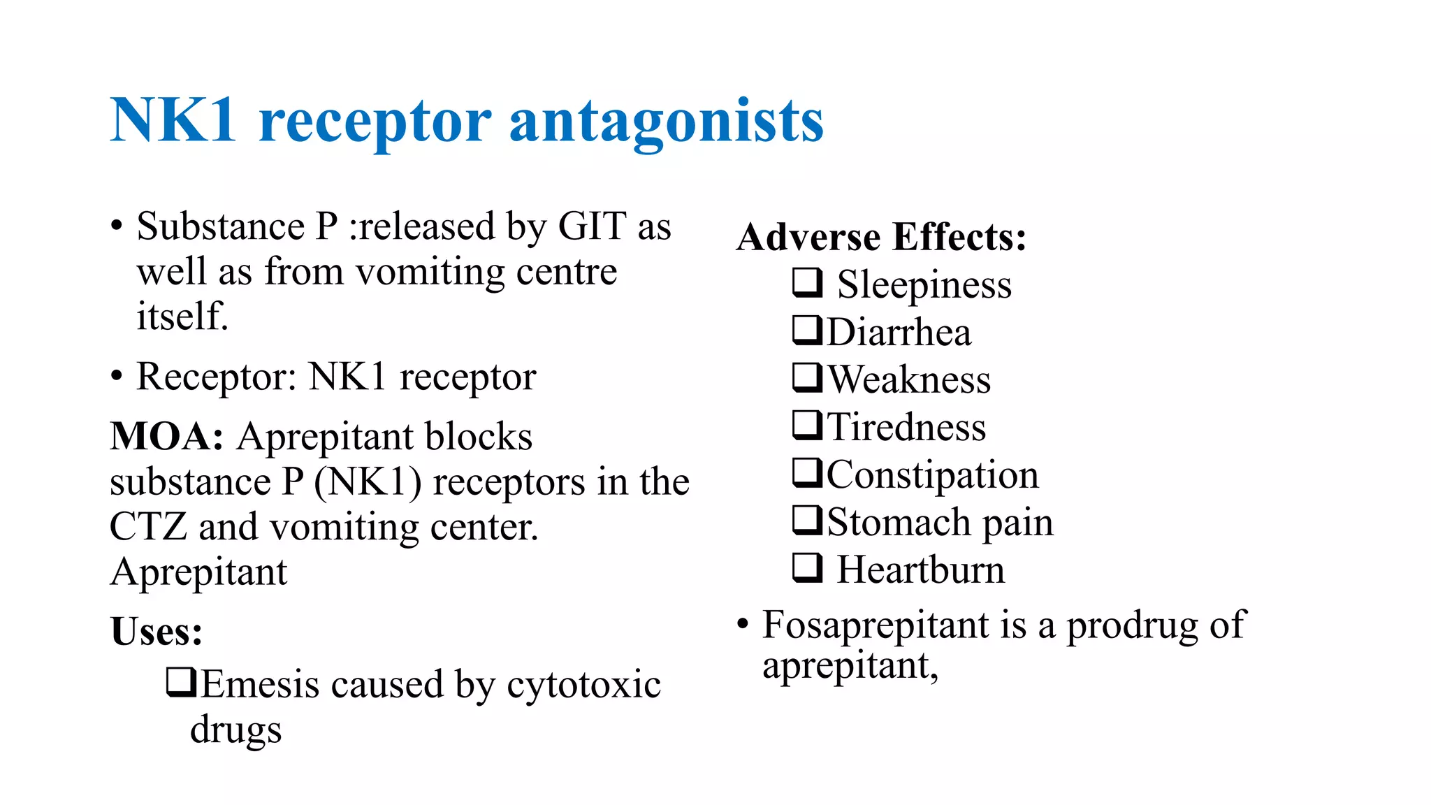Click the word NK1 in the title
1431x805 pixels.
173,121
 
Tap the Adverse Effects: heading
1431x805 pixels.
881,237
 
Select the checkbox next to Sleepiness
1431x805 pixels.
807,283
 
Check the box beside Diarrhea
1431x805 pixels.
807,331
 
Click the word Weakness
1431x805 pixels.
909,379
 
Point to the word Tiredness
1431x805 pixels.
906,427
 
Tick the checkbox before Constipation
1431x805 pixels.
807,473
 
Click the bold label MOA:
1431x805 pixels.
167,437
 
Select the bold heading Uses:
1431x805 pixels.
157,632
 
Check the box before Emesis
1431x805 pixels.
181,683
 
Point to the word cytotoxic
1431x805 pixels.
583,685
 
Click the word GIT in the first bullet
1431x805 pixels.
592,226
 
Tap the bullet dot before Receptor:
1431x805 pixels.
117,377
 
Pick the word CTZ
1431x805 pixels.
148,527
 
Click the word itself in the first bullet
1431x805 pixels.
182,317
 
